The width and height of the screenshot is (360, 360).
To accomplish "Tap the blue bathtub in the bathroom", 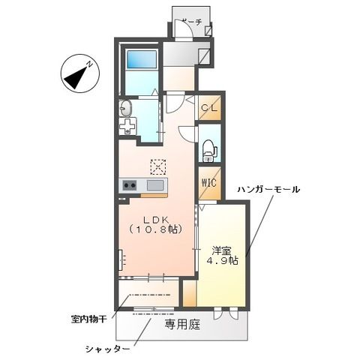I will click(141, 59).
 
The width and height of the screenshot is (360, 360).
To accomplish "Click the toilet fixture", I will click(208, 151).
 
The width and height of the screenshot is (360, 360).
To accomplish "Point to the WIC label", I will click(208, 183).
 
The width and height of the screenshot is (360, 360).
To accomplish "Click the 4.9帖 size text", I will click(222, 262).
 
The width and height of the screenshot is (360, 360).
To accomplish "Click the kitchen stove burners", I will click(129, 185).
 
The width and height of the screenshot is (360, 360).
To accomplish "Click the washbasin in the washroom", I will click(125, 109).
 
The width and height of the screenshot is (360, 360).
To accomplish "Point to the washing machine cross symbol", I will click(127, 126).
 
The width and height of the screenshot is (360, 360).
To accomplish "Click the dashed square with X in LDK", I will click(158, 165).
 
